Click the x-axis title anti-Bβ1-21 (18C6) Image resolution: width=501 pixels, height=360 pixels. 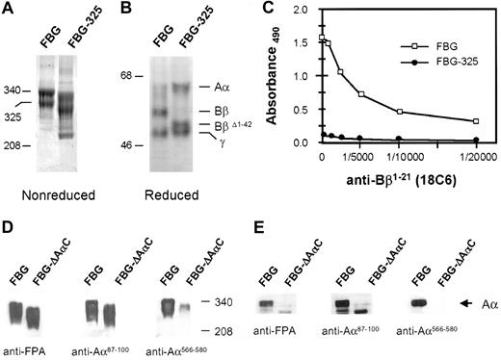pos(395,178)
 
